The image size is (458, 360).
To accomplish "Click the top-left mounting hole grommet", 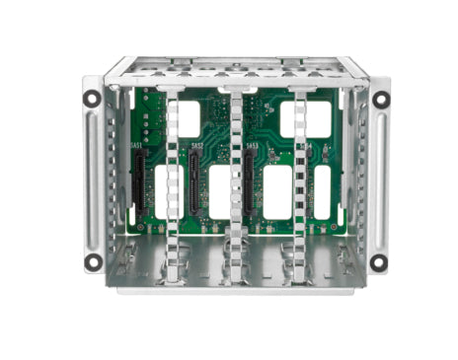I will click(x=92, y=99).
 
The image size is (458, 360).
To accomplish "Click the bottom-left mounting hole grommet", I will click(x=92, y=262).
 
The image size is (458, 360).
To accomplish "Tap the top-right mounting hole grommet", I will click(x=378, y=98).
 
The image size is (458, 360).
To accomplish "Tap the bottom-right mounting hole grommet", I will click(x=378, y=262).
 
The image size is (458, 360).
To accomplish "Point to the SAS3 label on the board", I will click(x=253, y=149).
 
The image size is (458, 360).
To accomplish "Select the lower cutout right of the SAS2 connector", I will click(x=219, y=191).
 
